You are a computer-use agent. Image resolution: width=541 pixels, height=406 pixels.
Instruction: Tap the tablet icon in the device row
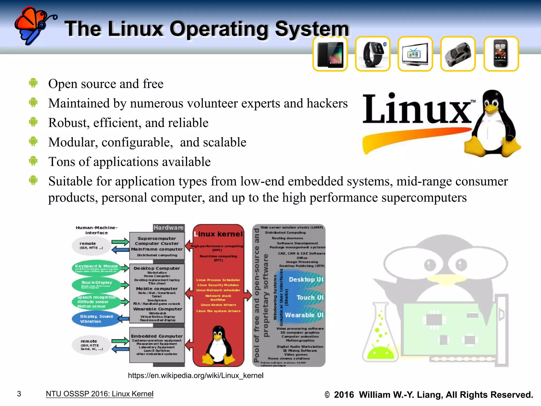coord(330,54)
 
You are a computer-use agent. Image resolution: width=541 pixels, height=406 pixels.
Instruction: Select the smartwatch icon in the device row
coord(372,54)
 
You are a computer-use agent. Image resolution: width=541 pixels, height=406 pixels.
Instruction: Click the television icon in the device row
coord(415,54)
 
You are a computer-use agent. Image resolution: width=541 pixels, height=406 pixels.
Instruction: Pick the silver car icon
coord(458,54)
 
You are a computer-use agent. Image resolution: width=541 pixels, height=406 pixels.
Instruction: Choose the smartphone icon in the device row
coord(501,54)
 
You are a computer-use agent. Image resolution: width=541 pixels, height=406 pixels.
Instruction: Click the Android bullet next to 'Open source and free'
coord(33,83)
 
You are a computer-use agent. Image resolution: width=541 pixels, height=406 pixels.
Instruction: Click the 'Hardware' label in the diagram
coord(169,228)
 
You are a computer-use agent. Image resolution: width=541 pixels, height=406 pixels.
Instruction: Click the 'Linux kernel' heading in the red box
coord(218,234)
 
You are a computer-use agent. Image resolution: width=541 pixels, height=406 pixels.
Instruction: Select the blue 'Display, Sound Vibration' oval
coord(96,319)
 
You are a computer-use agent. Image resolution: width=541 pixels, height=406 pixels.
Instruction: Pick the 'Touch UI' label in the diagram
coord(310,298)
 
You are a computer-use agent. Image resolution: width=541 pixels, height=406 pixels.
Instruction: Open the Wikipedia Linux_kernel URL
coord(195,376)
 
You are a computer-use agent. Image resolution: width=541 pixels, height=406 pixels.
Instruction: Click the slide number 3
coord(19,394)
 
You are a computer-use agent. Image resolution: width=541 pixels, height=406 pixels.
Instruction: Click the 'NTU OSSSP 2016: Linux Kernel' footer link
coord(100,394)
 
